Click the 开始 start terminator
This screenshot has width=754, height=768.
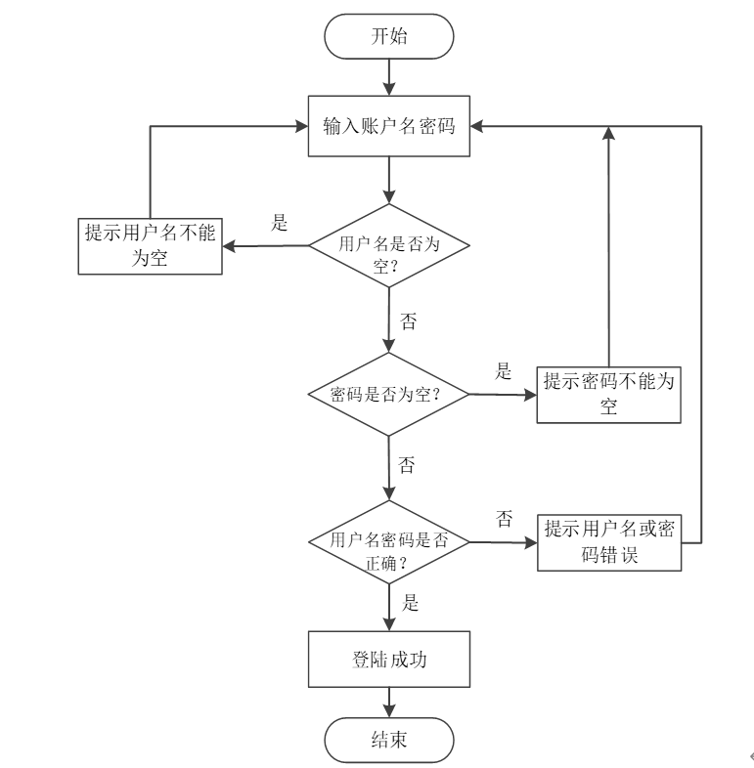tap(389, 36)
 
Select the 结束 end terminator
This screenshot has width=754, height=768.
tap(389, 740)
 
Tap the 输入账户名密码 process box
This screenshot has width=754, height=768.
tap(389, 126)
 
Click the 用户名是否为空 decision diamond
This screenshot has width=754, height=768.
tap(389, 245)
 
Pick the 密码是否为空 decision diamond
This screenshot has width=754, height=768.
tap(388, 395)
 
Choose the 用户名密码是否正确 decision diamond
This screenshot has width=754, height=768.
tap(389, 542)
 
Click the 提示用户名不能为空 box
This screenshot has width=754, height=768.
tap(150, 246)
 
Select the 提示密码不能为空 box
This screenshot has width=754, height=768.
tap(609, 395)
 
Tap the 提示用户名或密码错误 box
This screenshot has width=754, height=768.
tap(609, 542)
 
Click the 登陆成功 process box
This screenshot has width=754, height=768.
tap(389, 660)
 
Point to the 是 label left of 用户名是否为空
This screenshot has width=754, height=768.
tap(280, 223)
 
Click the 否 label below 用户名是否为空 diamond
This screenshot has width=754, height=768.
tap(409, 321)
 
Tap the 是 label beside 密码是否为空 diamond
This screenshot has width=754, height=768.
tap(503, 370)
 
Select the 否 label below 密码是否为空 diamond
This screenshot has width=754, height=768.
tap(407, 465)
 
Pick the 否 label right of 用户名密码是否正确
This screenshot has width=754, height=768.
tap(505, 519)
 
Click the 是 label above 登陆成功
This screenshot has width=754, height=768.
tap(410, 603)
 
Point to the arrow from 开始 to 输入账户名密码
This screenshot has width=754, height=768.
tap(389, 77)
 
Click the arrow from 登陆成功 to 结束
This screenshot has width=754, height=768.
tap(389, 703)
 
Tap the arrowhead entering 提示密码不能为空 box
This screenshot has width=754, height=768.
tap(530, 395)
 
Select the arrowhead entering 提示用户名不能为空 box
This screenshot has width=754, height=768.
tap(229, 246)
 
